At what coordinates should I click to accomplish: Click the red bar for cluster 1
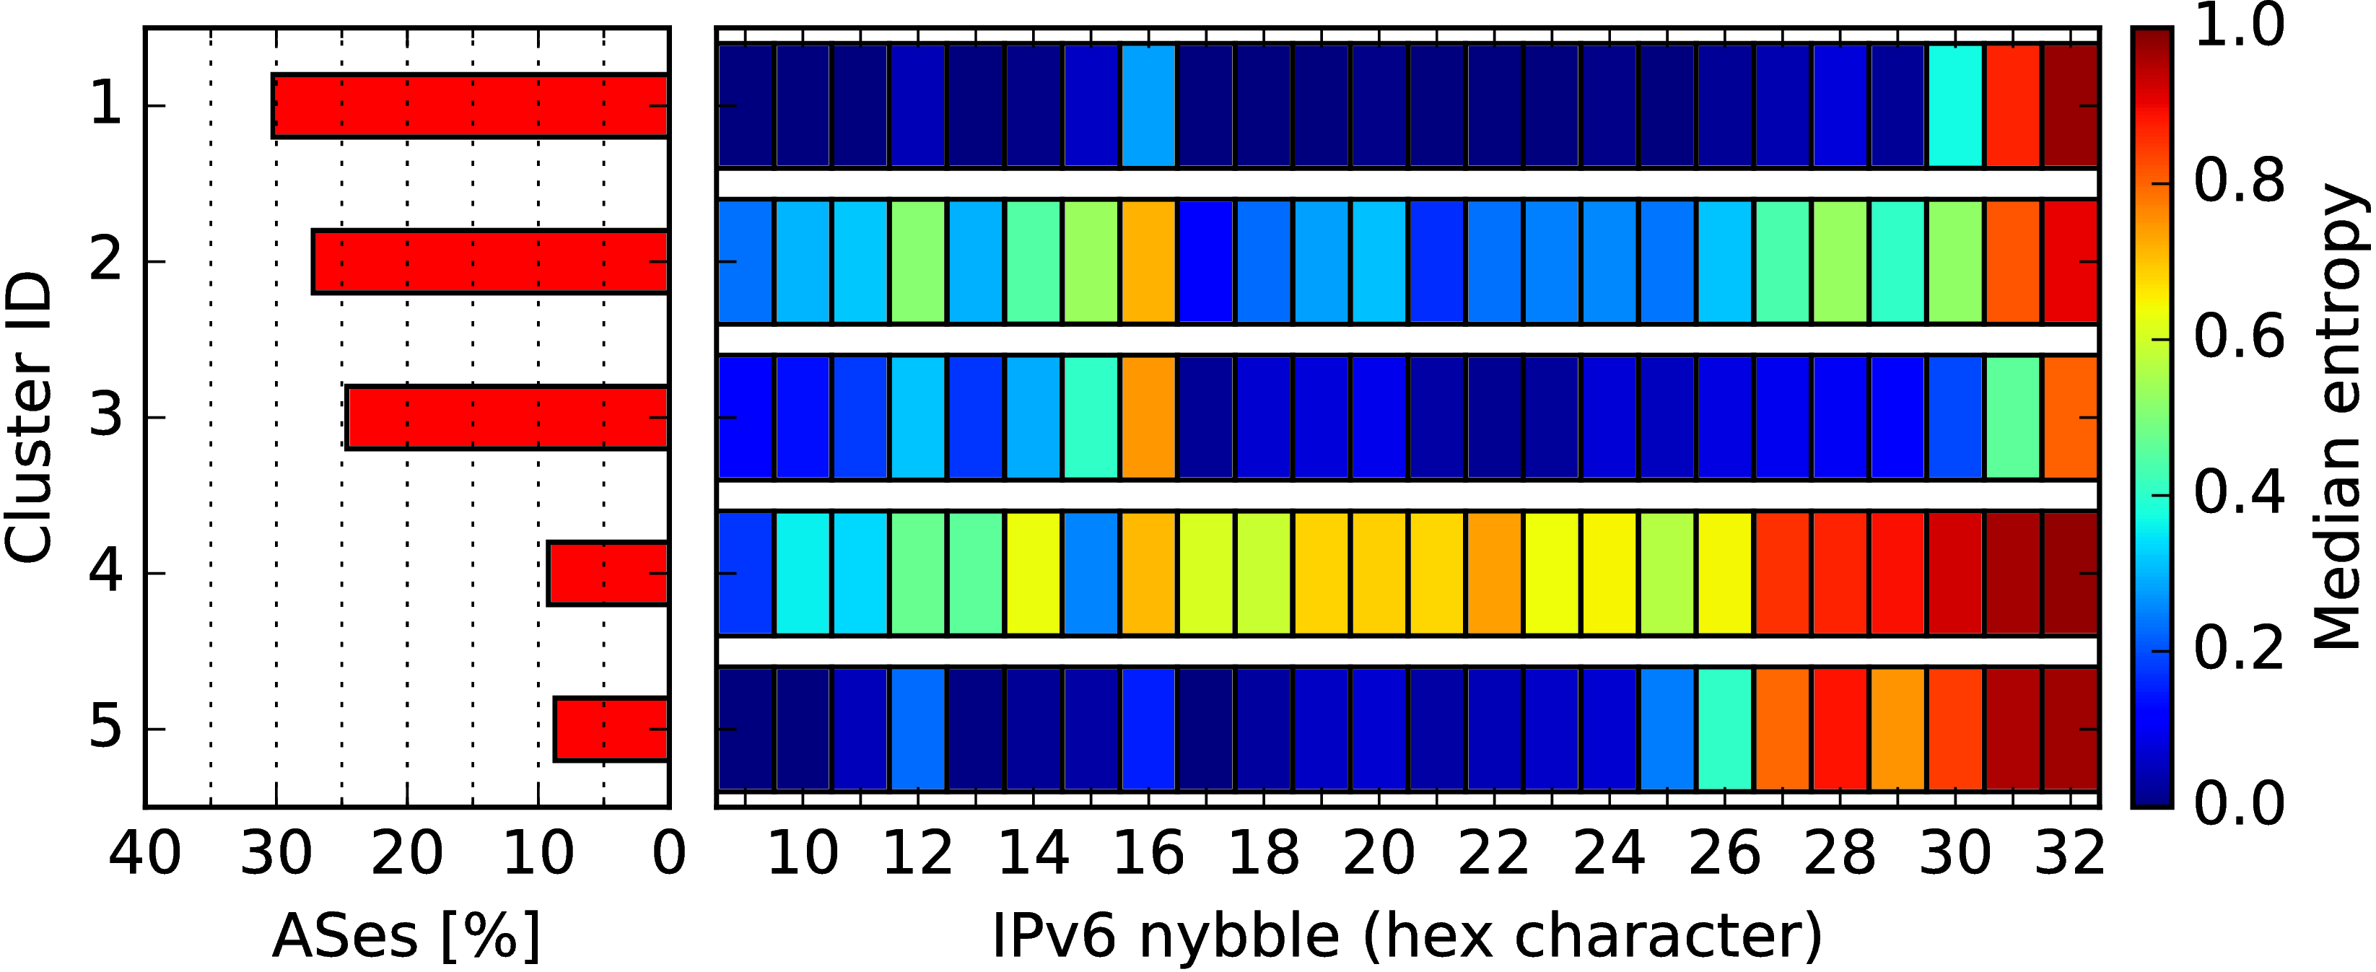pos(471,106)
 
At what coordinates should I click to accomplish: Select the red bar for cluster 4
pos(608,574)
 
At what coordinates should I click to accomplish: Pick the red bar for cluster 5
pos(611,730)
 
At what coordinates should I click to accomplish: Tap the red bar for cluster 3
pos(507,418)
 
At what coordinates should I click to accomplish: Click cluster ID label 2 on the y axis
pos(106,262)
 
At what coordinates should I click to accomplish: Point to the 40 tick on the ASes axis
pos(145,854)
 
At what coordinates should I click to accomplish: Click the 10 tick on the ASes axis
pos(538,854)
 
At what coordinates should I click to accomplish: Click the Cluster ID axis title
pos(27,418)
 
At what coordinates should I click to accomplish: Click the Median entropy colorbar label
pos(2339,418)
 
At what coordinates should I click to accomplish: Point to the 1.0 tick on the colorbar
pos(2240,26)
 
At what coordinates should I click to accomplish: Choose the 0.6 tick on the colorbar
pos(2240,338)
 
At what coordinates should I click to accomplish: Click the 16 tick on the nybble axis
pos(1148,854)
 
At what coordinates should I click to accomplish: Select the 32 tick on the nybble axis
pos(2070,854)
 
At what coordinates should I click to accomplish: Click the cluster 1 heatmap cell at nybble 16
pos(1148,106)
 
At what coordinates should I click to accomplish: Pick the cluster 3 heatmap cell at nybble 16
pos(1148,418)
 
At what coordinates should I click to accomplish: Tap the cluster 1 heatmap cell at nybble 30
pos(1955,106)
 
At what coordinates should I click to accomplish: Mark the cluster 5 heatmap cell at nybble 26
pos(1725,730)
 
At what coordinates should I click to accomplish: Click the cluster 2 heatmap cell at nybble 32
pos(2071,262)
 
